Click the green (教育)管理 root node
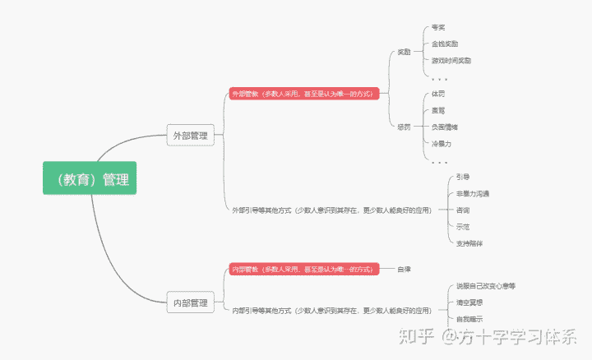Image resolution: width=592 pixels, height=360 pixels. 90,178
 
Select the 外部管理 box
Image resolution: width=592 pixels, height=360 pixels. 190,136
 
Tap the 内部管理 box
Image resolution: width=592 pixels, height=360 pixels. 190,302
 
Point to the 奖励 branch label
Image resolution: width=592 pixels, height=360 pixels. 404,52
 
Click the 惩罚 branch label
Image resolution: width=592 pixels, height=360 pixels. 404,127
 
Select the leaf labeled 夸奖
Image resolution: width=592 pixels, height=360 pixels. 438,27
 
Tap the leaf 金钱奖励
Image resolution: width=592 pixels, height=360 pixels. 445,44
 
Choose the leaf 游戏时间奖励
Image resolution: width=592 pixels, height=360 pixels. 451,60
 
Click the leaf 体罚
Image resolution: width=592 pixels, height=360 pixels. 438,94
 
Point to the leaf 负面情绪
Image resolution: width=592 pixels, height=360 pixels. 445,127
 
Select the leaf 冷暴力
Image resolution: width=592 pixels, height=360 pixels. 442,143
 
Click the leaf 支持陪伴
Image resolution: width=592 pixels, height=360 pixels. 469,242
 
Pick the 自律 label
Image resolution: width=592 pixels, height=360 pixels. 404,269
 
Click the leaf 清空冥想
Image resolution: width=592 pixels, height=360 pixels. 469,302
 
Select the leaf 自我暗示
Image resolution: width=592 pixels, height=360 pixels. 469,318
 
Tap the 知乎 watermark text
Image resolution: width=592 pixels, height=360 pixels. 416,336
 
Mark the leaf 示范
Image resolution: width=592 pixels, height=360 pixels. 463,226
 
